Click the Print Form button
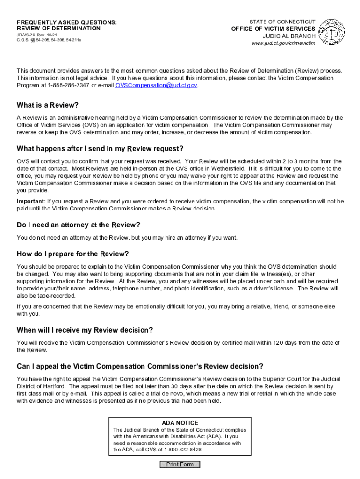pos(180,464)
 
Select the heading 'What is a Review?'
pos(48,105)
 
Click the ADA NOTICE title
pos(180,423)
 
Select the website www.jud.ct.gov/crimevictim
pos(284,43)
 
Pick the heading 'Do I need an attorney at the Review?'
pos(79,225)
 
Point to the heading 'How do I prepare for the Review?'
pos(72,254)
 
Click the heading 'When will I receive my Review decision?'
pos(85,330)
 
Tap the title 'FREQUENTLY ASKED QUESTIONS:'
pos(67,22)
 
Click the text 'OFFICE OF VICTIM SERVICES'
pos(274,29)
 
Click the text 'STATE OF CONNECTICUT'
pos(282,22)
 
